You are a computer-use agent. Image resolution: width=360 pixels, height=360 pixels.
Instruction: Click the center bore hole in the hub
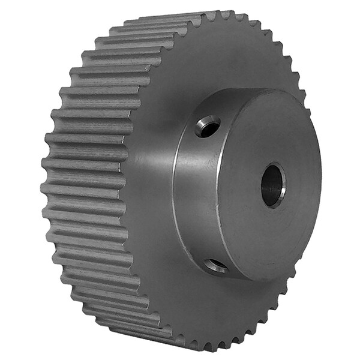tap(273, 185)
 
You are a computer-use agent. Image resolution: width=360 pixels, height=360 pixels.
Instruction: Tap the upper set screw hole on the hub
tap(208, 126)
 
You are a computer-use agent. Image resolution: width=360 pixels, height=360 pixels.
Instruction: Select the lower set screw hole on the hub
tap(215, 265)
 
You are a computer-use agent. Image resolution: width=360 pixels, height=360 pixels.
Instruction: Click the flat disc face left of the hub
tap(150, 180)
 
